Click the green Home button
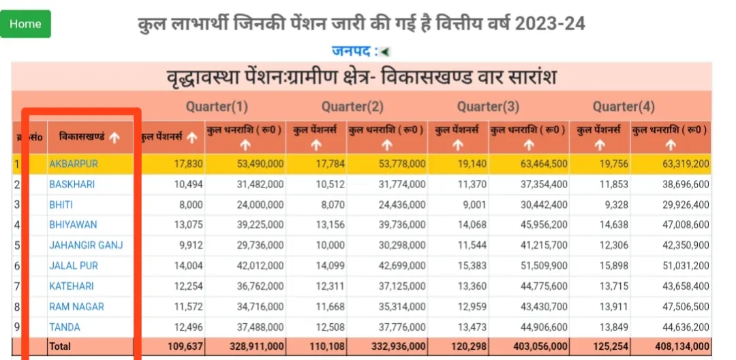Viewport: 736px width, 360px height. click(x=25, y=24)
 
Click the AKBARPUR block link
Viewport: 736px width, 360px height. click(x=74, y=164)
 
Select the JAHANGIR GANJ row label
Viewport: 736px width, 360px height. click(x=86, y=245)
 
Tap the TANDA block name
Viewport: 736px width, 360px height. click(x=65, y=327)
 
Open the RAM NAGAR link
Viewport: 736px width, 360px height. click(x=76, y=306)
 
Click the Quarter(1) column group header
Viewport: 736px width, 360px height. click(x=217, y=106)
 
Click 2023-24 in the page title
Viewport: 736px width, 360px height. click(x=549, y=24)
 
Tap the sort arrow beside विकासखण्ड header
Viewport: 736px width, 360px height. click(x=114, y=137)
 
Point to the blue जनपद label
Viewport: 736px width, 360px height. click(x=352, y=51)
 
